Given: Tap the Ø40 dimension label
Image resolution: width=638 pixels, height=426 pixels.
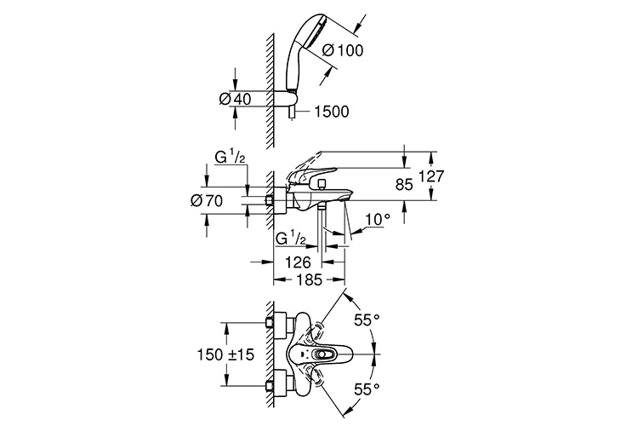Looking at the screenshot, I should click(234, 99).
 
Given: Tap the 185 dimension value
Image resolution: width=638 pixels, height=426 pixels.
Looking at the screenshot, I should click(309, 279).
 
